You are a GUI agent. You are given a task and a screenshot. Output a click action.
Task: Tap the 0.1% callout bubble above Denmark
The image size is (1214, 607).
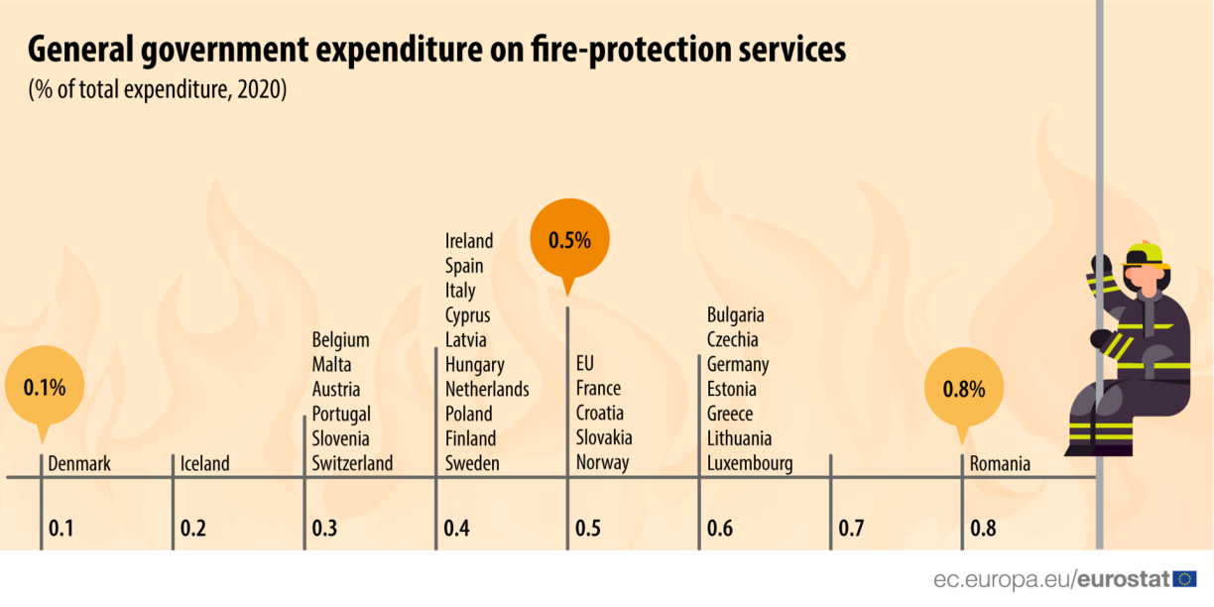coord(44,387)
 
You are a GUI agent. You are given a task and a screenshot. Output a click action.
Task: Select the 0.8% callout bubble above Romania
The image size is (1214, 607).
coord(963,389)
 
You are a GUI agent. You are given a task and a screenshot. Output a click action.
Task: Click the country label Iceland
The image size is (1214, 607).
coord(204,463)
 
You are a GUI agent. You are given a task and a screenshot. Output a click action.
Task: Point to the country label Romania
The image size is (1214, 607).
coord(1000,463)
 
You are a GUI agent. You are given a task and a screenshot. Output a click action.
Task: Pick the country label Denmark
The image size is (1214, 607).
coord(79,463)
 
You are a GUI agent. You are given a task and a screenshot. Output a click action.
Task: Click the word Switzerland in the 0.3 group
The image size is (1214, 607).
coord(352,463)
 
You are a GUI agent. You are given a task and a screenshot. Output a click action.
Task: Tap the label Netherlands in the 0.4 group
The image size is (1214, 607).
coord(487,389)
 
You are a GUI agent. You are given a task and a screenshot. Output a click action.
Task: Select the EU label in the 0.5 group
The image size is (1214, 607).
coord(585,364)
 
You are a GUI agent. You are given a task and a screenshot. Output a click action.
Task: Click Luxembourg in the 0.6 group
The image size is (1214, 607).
coord(750,463)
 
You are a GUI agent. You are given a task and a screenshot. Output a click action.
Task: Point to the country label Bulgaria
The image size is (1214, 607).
coord(736,315)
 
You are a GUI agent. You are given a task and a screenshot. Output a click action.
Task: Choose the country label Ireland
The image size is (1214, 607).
coord(469,241)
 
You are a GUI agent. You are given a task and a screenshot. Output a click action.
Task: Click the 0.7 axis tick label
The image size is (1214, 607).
coord(851,528)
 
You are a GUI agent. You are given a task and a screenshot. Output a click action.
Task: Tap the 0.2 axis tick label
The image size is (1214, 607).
coord(193,528)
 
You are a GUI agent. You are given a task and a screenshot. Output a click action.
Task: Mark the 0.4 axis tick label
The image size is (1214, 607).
coord(456,528)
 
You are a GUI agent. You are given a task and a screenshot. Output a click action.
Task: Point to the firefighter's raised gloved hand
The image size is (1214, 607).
coord(1100,266)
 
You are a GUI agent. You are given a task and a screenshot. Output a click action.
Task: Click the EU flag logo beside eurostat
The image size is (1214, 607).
coord(1184,579)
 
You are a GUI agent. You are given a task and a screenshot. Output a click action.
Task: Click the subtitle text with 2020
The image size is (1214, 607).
coord(157,89)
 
